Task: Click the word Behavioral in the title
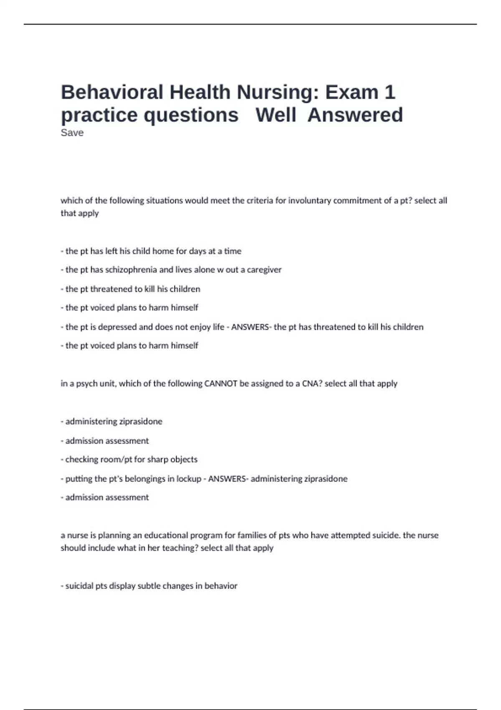pyautogui.click(x=112, y=92)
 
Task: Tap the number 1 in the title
pyautogui.click(x=390, y=92)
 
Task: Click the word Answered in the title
pyautogui.click(x=355, y=115)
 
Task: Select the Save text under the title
pyautogui.click(x=72, y=133)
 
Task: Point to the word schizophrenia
pyautogui.click(x=131, y=270)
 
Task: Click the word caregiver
pyautogui.click(x=264, y=270)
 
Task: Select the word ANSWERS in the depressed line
pyautogui.click(x=250, y=327)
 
